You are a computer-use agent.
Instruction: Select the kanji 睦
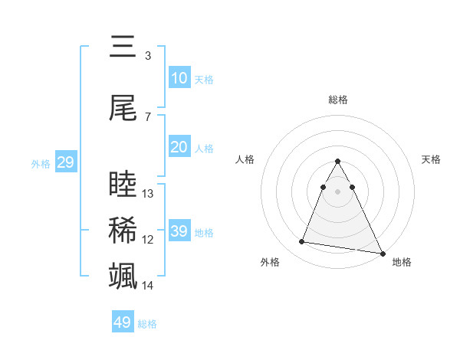click(123, 185)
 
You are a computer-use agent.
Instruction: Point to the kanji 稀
click(123, 231)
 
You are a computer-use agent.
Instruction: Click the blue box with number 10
click(179, 78)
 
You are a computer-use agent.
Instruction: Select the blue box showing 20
click(179, 148)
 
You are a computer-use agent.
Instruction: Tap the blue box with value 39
click(179, 231)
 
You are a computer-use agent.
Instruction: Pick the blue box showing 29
click(65, 162)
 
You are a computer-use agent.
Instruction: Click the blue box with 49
click(122, 322)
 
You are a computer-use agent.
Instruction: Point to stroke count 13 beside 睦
click(149, 194)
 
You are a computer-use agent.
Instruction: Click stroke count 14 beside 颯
click(149, 286)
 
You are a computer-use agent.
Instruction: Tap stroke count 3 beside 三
click(148, 56)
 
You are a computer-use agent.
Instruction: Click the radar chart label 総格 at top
click(338, 100)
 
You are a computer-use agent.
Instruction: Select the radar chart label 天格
click(432, 159)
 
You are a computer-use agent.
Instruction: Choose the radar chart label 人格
click(245, 159)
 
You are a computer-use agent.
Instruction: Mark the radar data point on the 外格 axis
click(302, 242)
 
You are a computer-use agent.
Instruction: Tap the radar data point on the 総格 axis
click(338, 161)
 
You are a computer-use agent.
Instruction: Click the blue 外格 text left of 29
click(41, 163)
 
